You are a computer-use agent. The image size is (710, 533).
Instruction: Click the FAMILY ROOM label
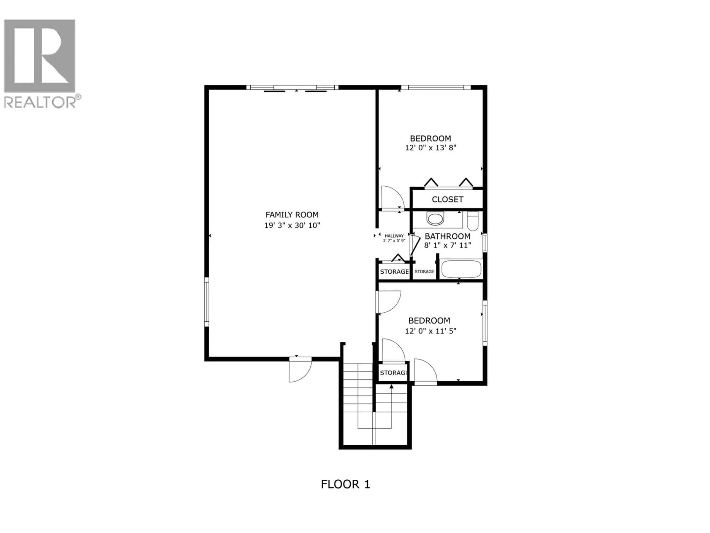tap(292, 215)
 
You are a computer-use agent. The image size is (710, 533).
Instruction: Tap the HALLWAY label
tap(394, 236)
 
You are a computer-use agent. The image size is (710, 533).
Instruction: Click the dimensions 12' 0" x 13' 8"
tap(430, 148)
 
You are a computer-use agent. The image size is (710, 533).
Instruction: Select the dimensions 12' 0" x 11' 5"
tap(430, 331)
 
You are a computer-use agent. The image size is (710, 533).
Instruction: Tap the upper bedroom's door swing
tap(392, 198)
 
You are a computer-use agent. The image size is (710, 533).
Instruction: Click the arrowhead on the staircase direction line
tap(391, 386)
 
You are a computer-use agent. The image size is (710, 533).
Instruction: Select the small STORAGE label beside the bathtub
tap(424, 271)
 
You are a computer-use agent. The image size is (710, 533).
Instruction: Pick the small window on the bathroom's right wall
tap(485, 243)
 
